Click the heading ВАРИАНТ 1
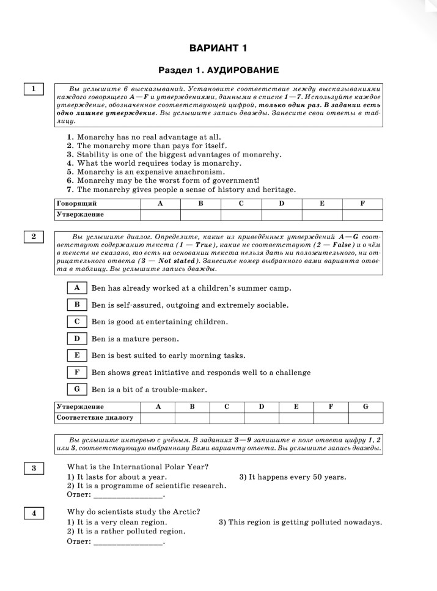(218, 48)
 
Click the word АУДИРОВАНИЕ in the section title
(248, 70)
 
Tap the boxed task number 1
(34, 89)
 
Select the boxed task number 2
(34, 236)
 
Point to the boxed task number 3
(34, 469)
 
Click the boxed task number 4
(34, 514)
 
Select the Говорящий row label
(76, 203)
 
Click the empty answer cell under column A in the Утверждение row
(160, 214)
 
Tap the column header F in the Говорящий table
(362, 203)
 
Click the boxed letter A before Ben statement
(77, 288)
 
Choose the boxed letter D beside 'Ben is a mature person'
(77, 338)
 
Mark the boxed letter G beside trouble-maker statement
(77, 388)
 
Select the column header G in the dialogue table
(365, 407)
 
